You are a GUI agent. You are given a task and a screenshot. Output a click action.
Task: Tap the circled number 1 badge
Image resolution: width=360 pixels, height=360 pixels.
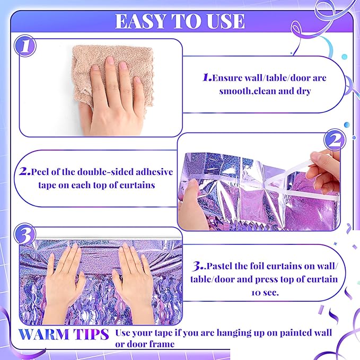click(x=25, y=46)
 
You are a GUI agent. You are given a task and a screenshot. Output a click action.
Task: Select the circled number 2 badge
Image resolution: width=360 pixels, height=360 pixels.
click(x=335, y=140)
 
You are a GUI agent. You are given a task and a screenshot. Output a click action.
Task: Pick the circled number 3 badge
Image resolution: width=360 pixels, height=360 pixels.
click(x=25, y=234)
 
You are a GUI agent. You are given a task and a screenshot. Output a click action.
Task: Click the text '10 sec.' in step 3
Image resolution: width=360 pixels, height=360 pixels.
click(x=265, y=293)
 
